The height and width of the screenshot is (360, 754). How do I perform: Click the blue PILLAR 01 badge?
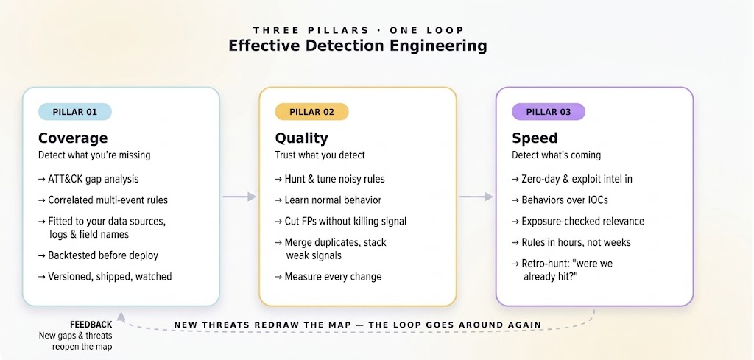[x=75, y=112]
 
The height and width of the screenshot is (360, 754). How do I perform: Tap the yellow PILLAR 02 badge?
[x=311, y=112]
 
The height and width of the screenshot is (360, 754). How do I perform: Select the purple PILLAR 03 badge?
[x=548, y=112]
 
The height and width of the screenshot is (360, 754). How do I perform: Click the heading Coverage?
[x=73, y=138]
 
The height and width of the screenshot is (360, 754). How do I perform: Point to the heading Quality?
[x=301, y=138]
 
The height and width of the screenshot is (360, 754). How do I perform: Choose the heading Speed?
[x=535, y=138]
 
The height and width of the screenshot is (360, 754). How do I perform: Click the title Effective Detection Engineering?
[x=357, y=46]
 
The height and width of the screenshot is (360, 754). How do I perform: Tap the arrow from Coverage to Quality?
[x=239, y=196]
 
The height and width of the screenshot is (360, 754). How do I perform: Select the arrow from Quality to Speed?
[x=476, y=196]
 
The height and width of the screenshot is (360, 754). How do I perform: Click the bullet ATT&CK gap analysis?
[x=88, y=180]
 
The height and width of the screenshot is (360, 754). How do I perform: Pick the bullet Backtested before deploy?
[x=98, y=255]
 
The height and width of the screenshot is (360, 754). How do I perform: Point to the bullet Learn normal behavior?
[x=328, y=200]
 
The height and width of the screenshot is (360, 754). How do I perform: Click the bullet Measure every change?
[x=328, y=276]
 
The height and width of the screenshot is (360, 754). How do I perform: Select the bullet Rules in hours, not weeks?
[x=571, y=242]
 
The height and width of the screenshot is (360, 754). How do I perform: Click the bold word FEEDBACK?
[x=91, y=325]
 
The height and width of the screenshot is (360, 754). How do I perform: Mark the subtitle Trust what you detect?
[x=320, y=155]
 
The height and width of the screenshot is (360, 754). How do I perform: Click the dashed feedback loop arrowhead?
[x=121, y=317]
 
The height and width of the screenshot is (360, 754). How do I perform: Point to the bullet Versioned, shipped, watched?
[x=105, y=276]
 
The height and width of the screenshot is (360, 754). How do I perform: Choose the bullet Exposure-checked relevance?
[x=578, y=221]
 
